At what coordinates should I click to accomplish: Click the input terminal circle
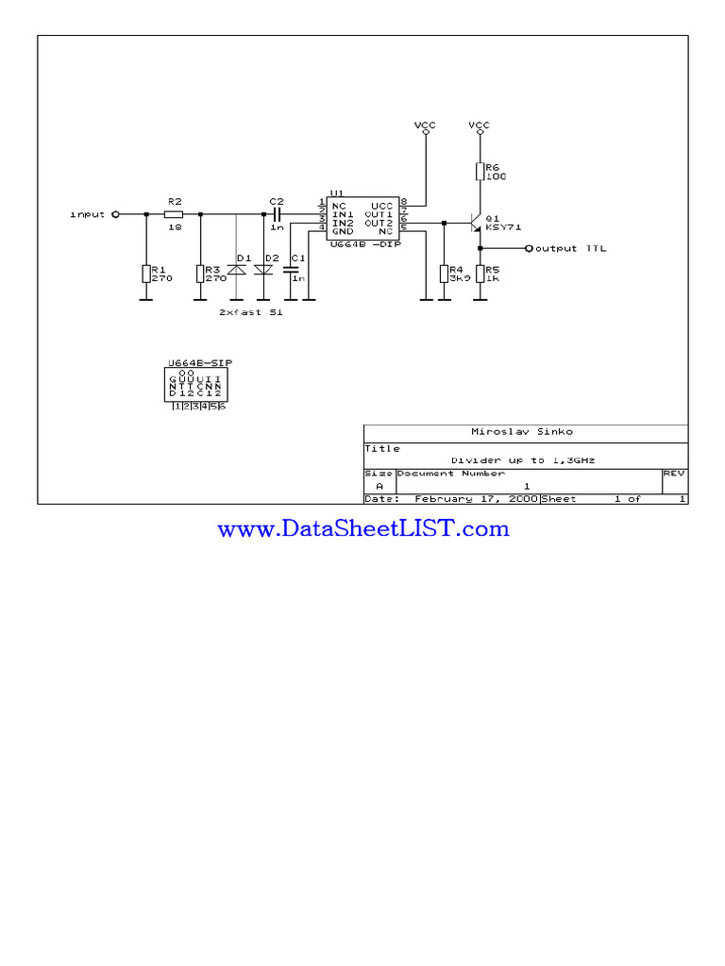pos(115,214)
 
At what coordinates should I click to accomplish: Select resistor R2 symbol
pos(174,214)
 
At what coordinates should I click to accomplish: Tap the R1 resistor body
pos(146,274)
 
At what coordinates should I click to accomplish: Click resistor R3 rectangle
pos(201,274)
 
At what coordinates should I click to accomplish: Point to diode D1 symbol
pos(236,270)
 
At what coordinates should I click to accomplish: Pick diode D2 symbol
pos(263,270)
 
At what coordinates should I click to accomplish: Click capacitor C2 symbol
pos(277,214)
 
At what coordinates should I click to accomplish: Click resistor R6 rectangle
pos(480,172)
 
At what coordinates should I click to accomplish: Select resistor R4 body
pos(444,274)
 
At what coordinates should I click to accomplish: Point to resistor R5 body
pos(480,274)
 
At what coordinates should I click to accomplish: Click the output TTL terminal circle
pos(529,249)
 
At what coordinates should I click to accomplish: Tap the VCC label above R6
pos(480,125)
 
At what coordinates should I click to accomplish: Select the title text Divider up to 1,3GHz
pos(523,460)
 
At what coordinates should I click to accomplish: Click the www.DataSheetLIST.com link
pos(363,529)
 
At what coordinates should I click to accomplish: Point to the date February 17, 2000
pos(476,498)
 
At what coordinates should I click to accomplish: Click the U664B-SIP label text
pos(200,362)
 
